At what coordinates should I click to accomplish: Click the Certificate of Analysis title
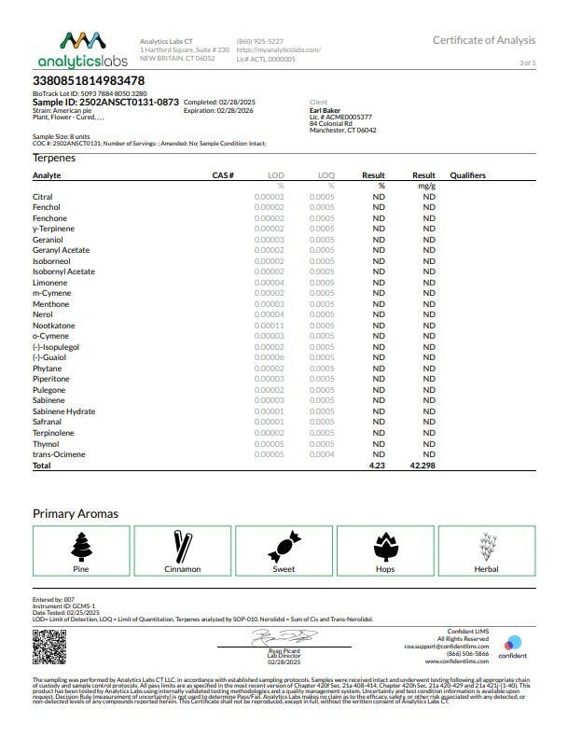tap(484, 40)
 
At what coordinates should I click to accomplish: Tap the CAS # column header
tap(222, 175)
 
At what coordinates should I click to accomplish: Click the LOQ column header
tap(326, 175)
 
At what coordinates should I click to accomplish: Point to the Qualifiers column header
tap(467, 175)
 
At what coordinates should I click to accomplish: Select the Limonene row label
tap(48, 283)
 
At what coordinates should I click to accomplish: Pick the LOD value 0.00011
tap(270, 326)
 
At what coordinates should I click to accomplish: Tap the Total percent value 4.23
tap(377, 465)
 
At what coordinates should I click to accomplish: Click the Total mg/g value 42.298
tap(424, 465)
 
